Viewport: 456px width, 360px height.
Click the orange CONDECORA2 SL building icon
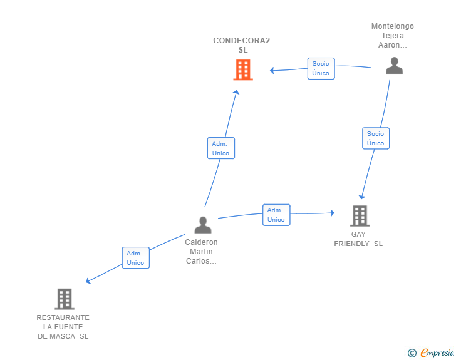(242, 69)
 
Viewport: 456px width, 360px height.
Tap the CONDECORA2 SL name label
(242, 45)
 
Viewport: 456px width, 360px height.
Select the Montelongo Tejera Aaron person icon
(394, 66)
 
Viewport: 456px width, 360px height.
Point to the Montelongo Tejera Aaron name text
(393, 36)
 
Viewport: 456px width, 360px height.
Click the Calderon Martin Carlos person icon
(202, 225)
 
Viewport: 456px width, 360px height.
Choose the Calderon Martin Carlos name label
(202, 252)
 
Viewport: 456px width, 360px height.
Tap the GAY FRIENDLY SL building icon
(359, 216)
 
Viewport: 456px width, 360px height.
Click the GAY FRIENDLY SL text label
(358, 239)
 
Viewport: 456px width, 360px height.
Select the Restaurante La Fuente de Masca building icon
(65, 299)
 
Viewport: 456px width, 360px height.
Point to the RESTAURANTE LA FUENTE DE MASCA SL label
(63, 327)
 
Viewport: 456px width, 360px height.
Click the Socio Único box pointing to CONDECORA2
(321, 68)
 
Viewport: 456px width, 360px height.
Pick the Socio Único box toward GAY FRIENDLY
(375, 138)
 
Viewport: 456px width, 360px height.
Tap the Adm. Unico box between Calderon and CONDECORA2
(220, 148)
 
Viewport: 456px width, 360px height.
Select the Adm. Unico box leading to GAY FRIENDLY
(276, 215)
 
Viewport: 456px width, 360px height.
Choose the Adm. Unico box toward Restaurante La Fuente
(135, 258)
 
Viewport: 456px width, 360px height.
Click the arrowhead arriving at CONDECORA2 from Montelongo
(272, 71)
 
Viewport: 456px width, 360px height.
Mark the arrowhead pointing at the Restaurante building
(88, 281)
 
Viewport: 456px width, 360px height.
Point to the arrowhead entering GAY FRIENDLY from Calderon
(332, 213)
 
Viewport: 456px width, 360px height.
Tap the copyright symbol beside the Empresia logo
(412, 353)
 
